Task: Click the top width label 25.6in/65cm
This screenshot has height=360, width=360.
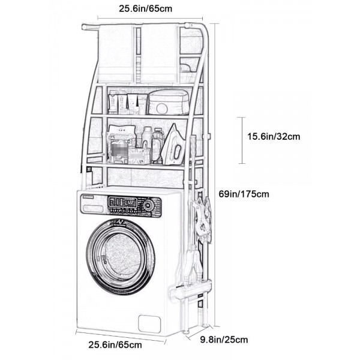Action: (145, 9)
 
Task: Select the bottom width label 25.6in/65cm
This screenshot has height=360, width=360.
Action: (115, 344)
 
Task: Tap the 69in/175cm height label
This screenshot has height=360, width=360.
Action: (244, 194)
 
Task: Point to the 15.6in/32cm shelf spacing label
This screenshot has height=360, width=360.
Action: (274, 136)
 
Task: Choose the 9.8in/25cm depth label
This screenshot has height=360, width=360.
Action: (224, 340)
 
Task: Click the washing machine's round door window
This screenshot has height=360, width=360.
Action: (121, 256)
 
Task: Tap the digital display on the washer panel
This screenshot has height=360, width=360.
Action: (129, 203)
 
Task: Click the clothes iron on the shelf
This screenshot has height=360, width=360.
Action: (173, 145)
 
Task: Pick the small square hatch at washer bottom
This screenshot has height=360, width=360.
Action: (149, 324)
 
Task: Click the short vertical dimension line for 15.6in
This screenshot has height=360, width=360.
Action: (242, 140)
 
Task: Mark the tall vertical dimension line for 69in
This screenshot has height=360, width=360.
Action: (215, 175)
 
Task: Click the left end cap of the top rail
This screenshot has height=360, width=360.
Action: (84, 27)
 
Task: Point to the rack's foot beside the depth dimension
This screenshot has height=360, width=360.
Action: (185, 332)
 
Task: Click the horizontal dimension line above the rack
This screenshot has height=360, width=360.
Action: (150, 19)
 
